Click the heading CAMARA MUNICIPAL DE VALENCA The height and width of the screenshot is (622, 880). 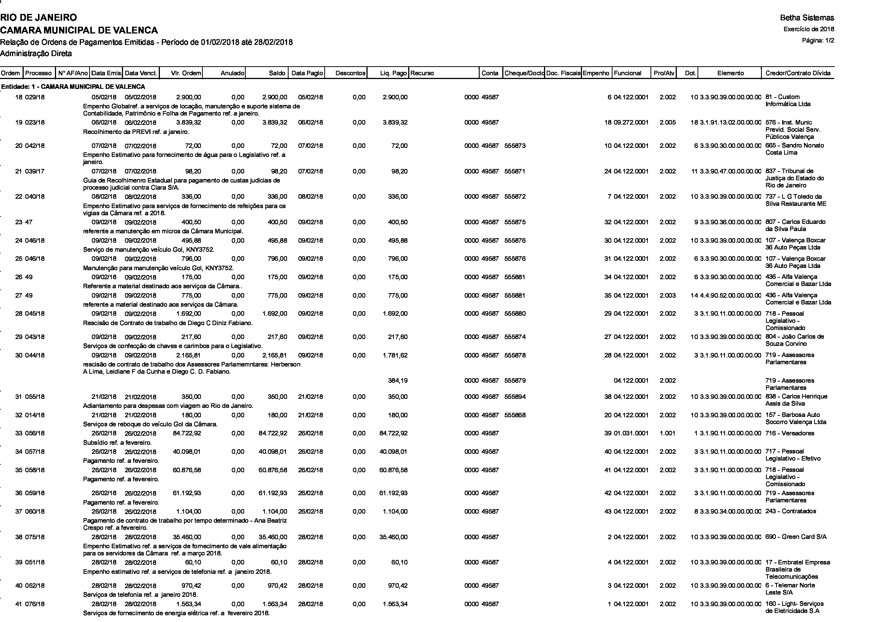pyautogui.click(x=79, y=30)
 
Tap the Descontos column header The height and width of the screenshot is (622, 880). pyautogui.click(x=350, y=73)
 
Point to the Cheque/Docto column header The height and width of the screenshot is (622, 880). pyautogui.click(x=524, y=73)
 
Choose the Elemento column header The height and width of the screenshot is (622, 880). pyautogui.click(x=730, y=73)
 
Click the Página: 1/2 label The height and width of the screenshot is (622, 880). pyautogui.click(x=818, y=41)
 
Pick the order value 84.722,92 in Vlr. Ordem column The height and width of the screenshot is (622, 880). pyautogui.click(x=187, y=433)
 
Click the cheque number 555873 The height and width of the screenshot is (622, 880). pyautogui.click(x=515, y=146)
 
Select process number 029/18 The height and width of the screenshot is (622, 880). pyautogui.click(x=35, y=97)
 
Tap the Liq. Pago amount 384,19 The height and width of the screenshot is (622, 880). pyautogui.click(x=398, y=380)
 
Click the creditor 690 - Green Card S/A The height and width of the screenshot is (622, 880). pyautogui.click(x=796, y=537)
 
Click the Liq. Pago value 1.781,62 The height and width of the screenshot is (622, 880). pyautogui.click(x=395, y=355)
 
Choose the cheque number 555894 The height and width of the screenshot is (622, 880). pyautogui.click(x=515, y=397)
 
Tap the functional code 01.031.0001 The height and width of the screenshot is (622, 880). pyautogui.click(x=631, y=433)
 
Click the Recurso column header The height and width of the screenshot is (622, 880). pyautogui.click(x=423, y=73)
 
